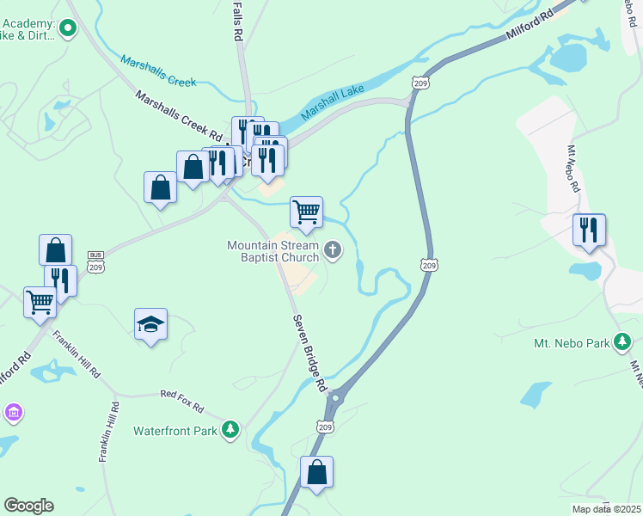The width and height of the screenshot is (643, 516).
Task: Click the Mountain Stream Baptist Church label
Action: click(273, 251)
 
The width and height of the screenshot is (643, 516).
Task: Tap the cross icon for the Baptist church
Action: click(333, 252)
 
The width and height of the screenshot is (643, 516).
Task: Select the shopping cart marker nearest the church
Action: click(306, 212)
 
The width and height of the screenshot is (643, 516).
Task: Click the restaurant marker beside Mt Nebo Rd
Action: click(589, 230)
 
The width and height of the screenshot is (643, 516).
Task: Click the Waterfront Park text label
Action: click(175, 431)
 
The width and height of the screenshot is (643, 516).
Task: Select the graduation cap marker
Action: click(151, 324)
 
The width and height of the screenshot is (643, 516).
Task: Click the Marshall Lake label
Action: click(333, 101)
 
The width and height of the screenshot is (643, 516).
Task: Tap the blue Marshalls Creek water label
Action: click(158, 71)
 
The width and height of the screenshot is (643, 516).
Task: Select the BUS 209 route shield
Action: click(96, 261)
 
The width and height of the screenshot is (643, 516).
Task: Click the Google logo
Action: click(28, 506)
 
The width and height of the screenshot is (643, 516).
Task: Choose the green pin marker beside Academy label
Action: click(67, 29)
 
